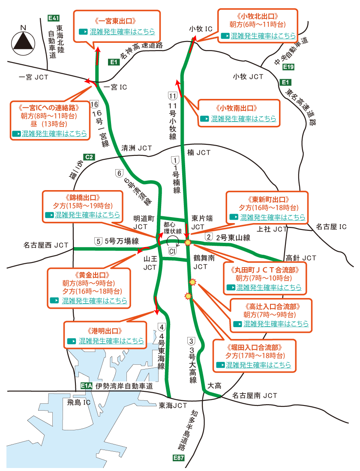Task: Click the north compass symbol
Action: point(24,41)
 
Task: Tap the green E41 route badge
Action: point(54,18)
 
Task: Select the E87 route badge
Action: point(179,458)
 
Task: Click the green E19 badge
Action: point(288,67)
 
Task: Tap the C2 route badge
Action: point(89,157)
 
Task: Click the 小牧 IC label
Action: point(201,29)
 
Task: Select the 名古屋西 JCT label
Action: point(46,245)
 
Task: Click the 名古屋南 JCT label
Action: point(255,396)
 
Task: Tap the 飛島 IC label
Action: point(78,402)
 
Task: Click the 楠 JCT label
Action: point(199,152)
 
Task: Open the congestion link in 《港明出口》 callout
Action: point(111,341)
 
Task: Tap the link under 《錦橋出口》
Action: point(87,215)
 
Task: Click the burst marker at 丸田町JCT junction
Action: point(188,243)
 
